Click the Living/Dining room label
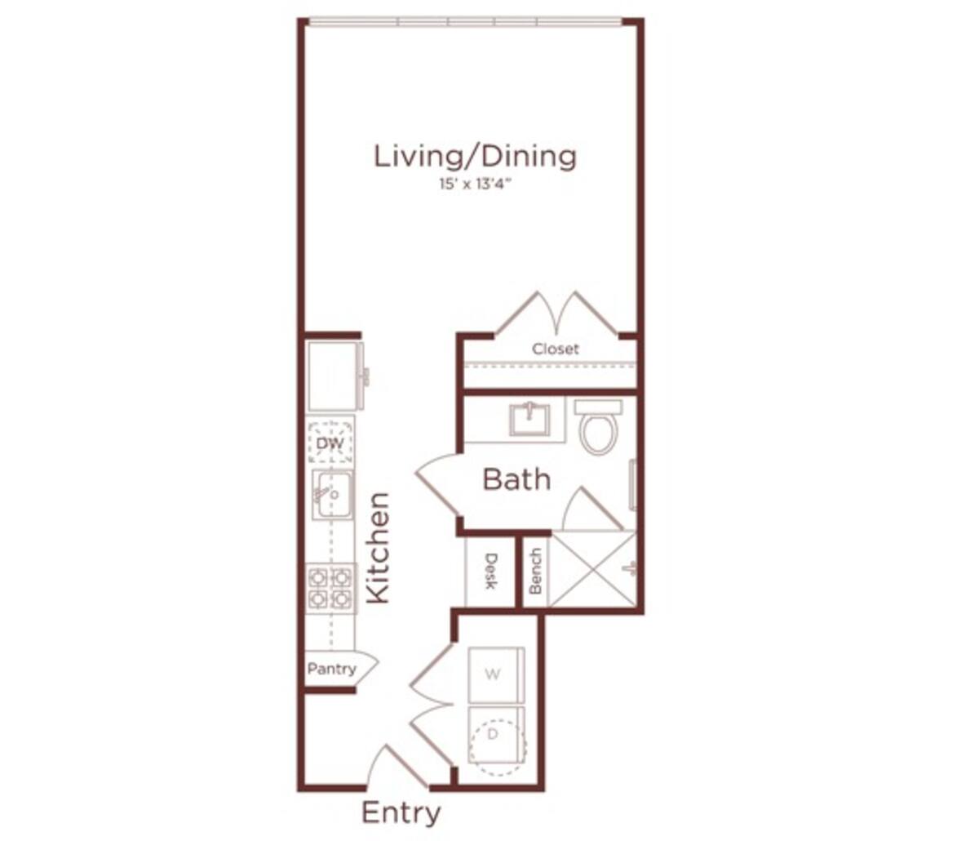(475, 156)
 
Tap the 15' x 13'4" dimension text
(475, 185)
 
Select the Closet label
(556, 349)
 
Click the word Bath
(516, 479)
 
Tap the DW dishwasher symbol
(330, 443)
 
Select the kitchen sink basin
(333, 495)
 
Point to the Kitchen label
(378, 548)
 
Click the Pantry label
(332, 669)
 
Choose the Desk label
(491, 571)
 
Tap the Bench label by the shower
(535, 571)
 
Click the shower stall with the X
(593, 569)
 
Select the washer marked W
(494, 674)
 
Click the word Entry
(401, 813)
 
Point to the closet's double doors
(557, 314)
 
